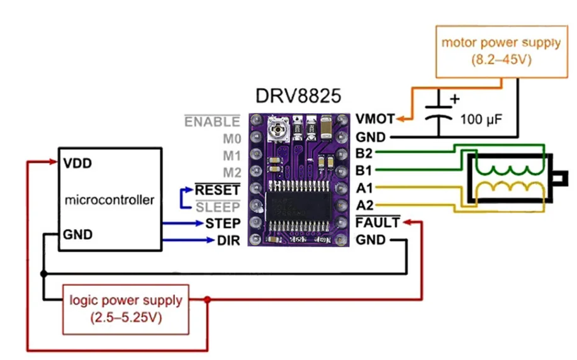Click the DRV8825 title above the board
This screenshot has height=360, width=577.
[299, 96]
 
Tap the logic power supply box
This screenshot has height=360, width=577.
[125, 308]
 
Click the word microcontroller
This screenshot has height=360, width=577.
[109, 200]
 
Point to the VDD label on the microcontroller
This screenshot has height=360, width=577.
[77, 164]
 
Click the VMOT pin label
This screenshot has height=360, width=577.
[375, 119]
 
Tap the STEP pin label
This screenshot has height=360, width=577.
[222, 223]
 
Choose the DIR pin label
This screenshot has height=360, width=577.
[228, 240]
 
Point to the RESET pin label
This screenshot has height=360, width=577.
[217, 189]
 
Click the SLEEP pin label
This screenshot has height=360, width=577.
[217, 206]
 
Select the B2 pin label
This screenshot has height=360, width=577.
[364, 153]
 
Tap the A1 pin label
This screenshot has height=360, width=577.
[364, 188]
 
